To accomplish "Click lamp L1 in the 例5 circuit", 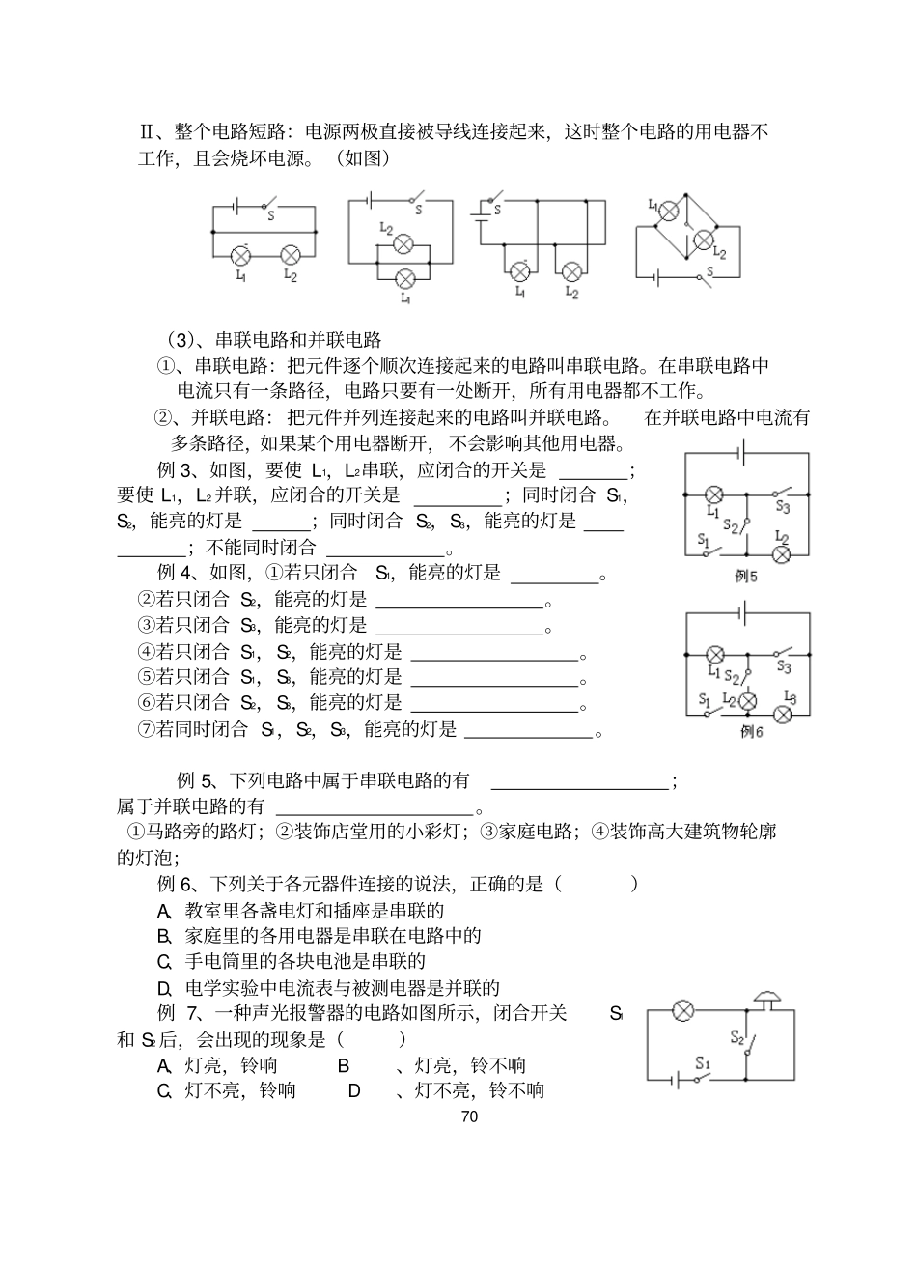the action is (x=715, y=493).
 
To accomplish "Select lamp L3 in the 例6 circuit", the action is (x=785, y=714).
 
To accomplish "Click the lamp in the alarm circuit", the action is (x=683, y=1010).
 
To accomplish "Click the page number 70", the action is (x=470, y=1116).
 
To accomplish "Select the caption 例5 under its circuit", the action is (x=747, y=577).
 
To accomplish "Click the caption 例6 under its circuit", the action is (x=751, y=732).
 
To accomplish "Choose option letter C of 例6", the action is (x=164, y=961).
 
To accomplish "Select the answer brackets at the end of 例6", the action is (x=596, y=883).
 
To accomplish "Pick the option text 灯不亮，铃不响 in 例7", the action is (x=469, y=1090).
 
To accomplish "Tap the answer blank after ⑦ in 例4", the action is (x=528, y=731).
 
